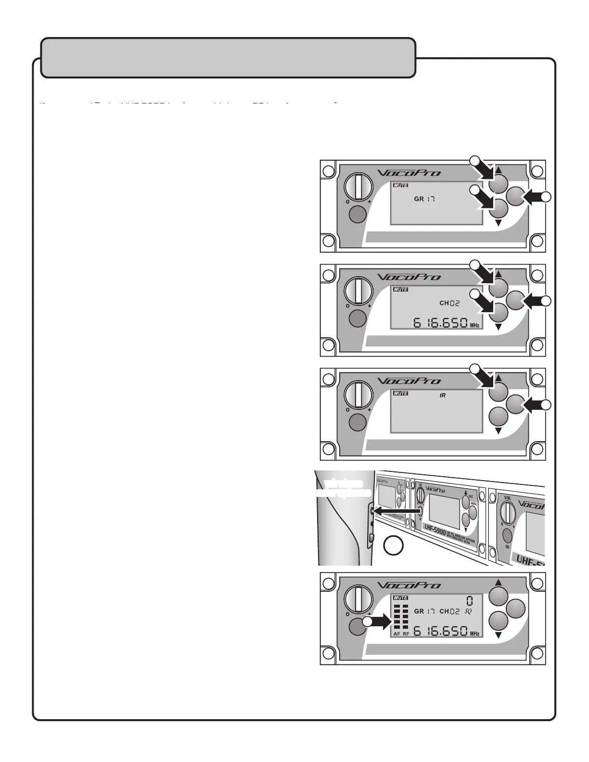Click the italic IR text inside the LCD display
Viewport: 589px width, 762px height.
(x=443, y=395)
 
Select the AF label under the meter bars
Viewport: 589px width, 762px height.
(x=397, y=634)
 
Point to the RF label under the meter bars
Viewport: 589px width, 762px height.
(x=406, y=634)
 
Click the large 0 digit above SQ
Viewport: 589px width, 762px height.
(x=469, y=600)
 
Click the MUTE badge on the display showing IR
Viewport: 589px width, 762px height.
(x=401, y=394)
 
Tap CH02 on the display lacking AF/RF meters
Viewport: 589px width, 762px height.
(x=449, y=303)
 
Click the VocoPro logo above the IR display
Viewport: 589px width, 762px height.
(x=409, y=381)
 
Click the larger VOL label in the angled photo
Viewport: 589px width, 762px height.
(x=507, y=498)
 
